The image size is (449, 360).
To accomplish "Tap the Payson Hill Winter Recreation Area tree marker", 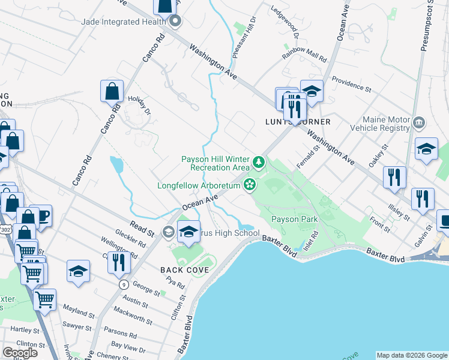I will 258,161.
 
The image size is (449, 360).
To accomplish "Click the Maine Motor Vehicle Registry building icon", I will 420,124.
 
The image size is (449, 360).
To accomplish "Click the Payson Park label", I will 294,219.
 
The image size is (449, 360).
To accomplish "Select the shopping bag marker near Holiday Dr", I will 112,92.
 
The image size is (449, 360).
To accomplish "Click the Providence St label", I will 352,84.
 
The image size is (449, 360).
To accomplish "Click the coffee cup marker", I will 41,216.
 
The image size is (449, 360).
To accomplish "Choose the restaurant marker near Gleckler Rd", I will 119,262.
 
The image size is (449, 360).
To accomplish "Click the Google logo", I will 20,352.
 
